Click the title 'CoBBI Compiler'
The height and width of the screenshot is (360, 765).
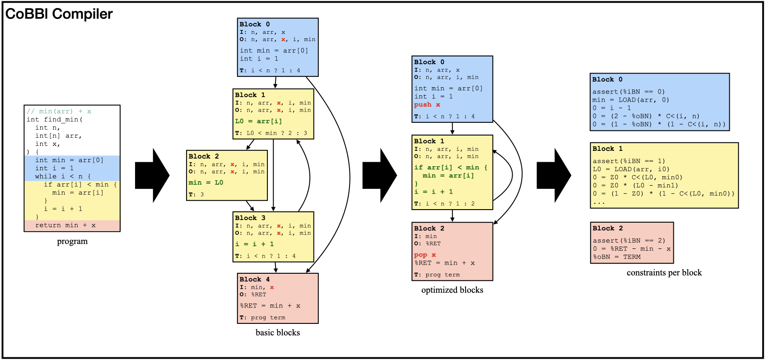[59, 14]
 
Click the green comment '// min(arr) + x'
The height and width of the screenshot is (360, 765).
[59, 111]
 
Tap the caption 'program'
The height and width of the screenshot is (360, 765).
[72, 241]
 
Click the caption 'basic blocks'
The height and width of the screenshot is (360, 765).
[278, 332]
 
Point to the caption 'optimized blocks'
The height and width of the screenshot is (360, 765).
[452, 290]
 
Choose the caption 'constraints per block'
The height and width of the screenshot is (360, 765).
[664, 272]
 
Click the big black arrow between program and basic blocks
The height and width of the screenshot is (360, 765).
[152, 175]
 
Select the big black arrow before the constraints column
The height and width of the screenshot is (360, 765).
[554, 175]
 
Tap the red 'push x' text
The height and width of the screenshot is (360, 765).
[427, 105]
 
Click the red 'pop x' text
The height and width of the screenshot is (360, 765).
[425, 255]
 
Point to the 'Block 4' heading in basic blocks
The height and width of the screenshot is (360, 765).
[254, 279]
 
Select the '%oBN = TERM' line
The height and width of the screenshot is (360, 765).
[616, 257]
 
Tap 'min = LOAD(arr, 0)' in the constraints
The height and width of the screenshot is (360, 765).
[630, 100]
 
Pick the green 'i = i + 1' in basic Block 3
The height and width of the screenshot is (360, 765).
[254, 244]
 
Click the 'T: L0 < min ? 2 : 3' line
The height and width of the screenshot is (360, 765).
[271, 133]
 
